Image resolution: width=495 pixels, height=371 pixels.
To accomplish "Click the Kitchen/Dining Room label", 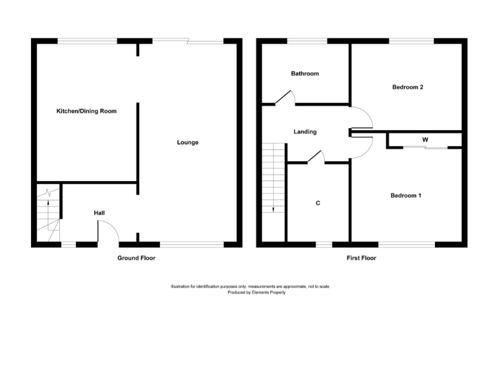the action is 86,111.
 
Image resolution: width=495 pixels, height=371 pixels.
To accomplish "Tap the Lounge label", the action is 188,142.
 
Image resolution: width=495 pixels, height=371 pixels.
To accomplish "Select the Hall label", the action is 99,213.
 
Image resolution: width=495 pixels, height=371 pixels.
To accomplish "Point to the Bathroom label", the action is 304,73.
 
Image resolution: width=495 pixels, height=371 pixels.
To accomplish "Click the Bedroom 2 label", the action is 407,87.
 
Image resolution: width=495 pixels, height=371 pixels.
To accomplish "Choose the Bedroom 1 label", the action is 406,195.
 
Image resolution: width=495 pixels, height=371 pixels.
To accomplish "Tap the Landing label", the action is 305,132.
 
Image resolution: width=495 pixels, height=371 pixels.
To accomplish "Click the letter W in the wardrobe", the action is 425,139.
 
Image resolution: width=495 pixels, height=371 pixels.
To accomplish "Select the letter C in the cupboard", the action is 318,203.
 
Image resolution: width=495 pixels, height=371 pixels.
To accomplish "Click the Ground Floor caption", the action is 136,258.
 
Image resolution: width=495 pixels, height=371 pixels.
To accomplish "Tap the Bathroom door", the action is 284,97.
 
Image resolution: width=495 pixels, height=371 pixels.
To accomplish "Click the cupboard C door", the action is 315,156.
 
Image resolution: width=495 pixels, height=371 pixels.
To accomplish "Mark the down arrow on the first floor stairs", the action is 273,209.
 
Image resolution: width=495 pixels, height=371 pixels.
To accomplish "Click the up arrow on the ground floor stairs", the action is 48,191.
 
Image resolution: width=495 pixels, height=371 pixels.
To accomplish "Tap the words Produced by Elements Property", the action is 256,292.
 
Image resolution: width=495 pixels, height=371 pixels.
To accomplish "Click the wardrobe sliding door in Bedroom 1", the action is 425,148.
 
